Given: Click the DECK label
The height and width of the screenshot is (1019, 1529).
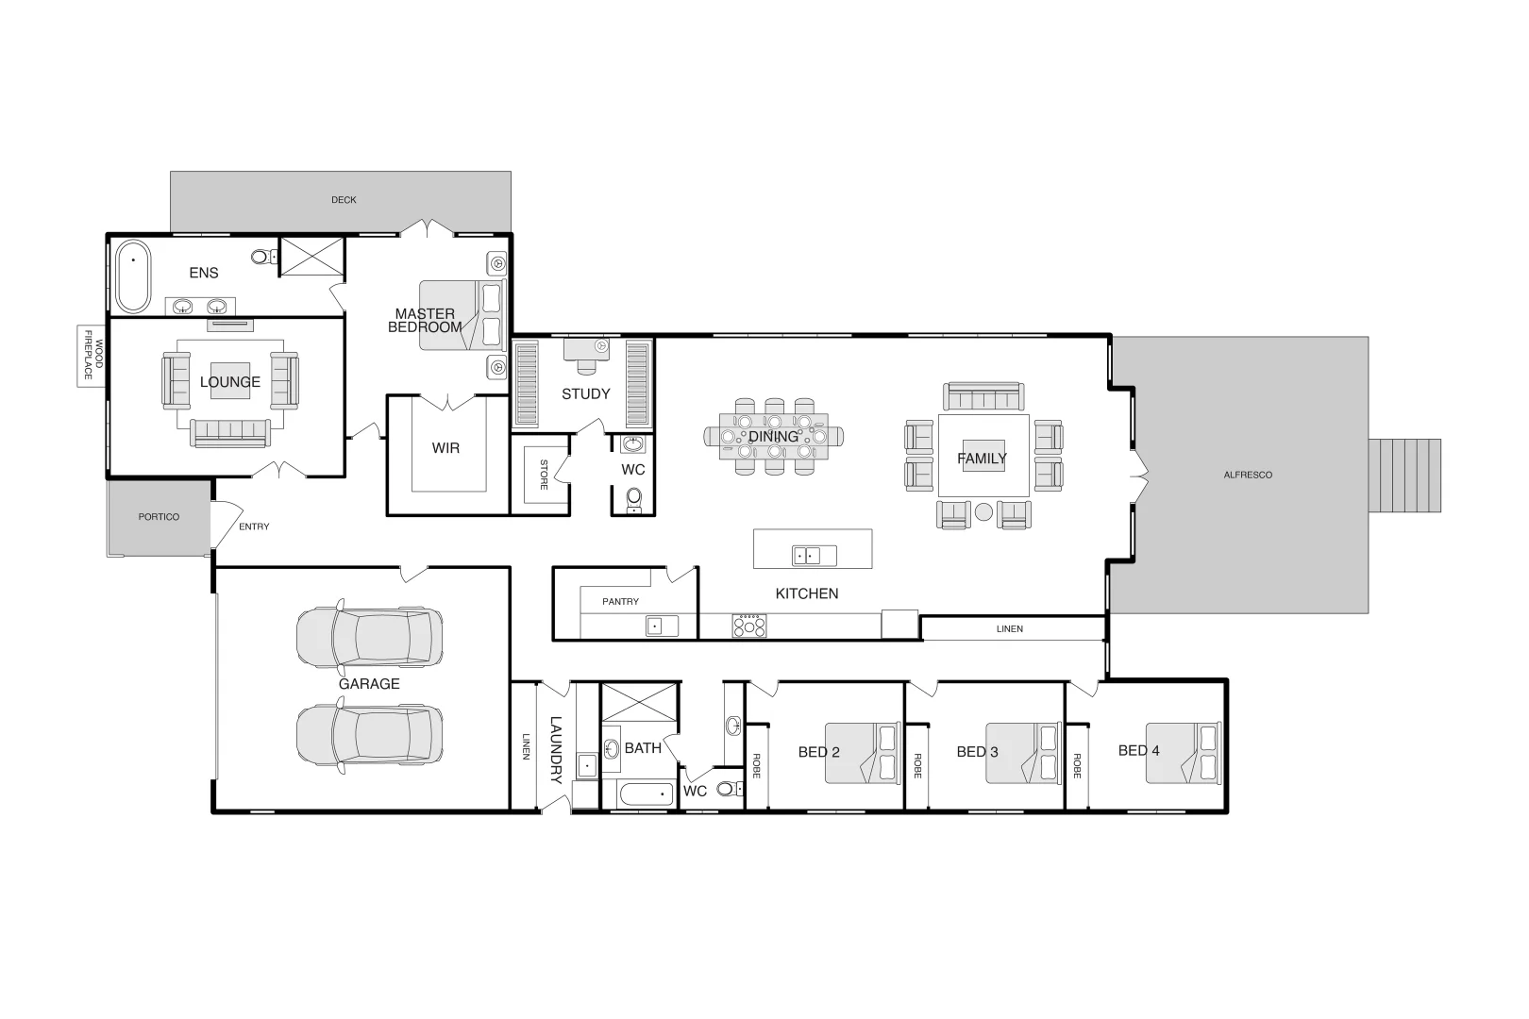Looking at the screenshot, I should (344, 200).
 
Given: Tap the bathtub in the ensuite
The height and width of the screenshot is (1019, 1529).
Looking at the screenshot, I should (132, 276).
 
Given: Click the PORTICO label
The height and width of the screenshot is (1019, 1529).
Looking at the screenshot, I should (159, 517).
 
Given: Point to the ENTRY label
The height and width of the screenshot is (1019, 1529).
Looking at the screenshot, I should (254, 526).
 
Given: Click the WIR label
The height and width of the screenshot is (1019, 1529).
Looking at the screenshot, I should (445, 448).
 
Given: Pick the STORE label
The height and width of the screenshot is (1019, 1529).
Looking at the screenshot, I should (544, 475).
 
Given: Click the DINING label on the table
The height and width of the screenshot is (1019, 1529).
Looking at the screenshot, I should (773, 437).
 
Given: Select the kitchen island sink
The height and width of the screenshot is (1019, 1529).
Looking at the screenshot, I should (814, 556).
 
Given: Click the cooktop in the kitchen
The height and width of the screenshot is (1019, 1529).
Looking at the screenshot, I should (749, 626).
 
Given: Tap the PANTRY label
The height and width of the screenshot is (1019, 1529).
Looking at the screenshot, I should (620, 601).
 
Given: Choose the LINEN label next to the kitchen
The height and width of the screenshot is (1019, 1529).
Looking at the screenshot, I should (1009, 628).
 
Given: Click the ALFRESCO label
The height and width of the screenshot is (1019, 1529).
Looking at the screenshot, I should (1248, 475).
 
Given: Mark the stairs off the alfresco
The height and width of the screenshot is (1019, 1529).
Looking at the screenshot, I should (1405, 475).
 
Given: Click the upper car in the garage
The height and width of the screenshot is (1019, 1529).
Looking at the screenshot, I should (369, 635).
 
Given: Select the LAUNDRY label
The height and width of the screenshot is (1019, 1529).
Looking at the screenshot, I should (555, 750).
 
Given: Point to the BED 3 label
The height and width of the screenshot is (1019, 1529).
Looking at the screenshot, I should (977, 752).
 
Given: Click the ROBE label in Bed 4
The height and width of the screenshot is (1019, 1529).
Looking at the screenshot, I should (1077, 765).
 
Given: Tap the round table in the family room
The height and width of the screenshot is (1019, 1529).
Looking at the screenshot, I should (983, 512).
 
